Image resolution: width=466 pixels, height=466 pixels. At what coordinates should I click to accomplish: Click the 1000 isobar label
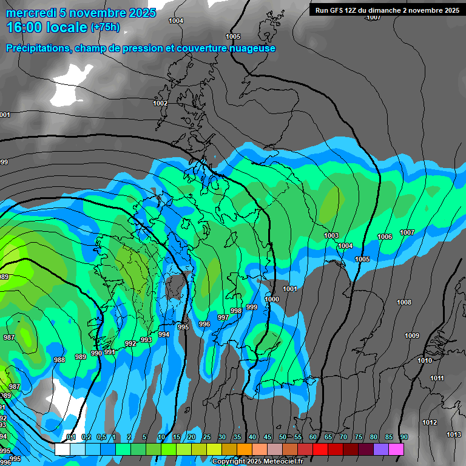(272, 299)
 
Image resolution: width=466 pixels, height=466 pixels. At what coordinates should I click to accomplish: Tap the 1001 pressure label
(290, 289)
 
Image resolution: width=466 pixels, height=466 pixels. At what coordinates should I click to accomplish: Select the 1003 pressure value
(331, 235)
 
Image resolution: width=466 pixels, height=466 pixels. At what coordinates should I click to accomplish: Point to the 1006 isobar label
(385, 237)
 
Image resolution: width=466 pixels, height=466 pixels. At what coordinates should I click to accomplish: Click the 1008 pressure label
(404, 302)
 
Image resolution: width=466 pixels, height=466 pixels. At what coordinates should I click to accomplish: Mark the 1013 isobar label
(453, 434)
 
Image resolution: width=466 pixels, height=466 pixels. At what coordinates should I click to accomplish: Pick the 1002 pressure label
(160, 103)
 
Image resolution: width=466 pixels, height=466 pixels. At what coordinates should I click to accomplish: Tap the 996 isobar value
(204, 324)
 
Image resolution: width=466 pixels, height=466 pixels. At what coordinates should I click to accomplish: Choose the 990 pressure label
(96, 353)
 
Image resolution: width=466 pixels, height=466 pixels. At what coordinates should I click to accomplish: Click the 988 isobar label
(59, 360)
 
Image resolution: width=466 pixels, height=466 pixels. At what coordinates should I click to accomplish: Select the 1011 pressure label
(437, 378)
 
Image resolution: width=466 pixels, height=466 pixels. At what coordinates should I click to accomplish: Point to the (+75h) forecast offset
(105, 27)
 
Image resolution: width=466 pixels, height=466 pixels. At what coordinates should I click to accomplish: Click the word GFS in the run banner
(337, 10)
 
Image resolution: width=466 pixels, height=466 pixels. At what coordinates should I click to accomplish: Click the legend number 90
(404, 437)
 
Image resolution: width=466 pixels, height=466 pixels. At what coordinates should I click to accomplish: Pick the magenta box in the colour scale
(396, 450)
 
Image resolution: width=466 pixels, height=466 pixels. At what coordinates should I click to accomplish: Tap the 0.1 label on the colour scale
(71, 437)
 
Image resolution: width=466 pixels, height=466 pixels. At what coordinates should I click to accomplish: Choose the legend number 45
(268, 437)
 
